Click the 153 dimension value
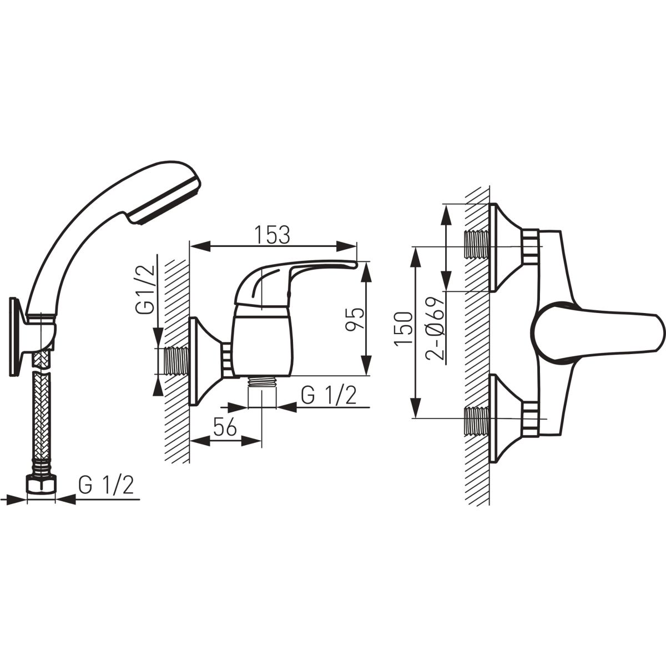pyautogui.click(x=272, y=234)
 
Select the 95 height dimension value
pyautogui.click(x=355, y=319)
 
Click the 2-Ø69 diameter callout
pyautogui.click(x=436, y=329)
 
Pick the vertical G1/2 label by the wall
pyautogui.click(x=144, y=289)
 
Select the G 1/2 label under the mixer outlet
pyautogui.click(x=329, y=395)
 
